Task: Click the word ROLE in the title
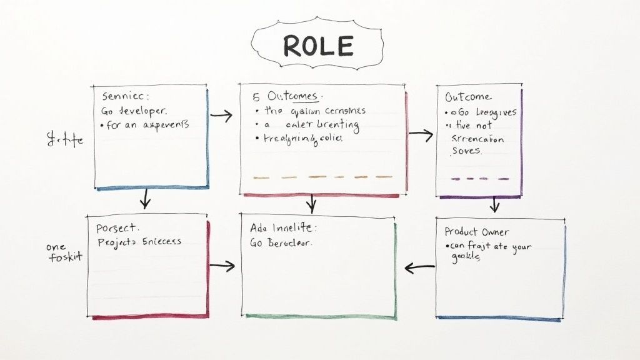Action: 318,46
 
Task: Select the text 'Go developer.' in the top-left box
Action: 134,111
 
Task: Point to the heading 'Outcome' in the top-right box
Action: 468,97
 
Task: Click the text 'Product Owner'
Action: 477,232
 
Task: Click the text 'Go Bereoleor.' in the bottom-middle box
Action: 282,243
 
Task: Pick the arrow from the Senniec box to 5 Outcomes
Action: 222,115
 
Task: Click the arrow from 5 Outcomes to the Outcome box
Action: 421,133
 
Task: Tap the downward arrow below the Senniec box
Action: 146,199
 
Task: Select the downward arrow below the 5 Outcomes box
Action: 312,202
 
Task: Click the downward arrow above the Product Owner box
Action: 494,204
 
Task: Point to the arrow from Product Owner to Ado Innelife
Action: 419,268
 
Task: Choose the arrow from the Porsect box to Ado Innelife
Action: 222,266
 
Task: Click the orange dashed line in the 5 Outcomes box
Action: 322,177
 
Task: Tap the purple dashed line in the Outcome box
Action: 479,179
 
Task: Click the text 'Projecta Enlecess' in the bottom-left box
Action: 139,241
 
